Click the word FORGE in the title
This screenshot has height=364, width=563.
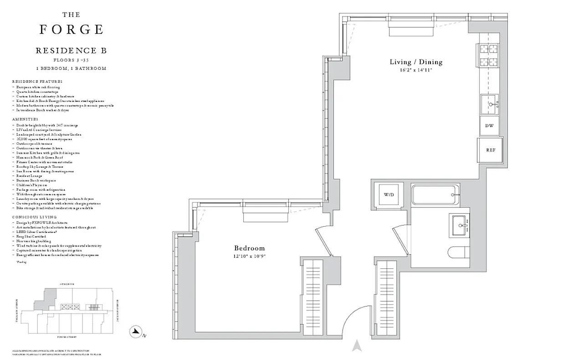[x=71, y=30]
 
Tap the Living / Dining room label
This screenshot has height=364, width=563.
[x=415, y=62]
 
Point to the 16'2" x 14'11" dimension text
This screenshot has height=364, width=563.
[x=415, y=70]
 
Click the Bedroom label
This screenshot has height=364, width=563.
[x=249, y=248]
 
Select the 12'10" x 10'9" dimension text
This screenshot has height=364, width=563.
[x=249, y=256]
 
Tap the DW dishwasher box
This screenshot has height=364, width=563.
[x=489, y=126]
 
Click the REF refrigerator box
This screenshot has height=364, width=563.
[x=490, y=150]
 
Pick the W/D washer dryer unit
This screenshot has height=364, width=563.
[x=389, y=195]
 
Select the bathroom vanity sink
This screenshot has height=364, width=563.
[x=462, y=225]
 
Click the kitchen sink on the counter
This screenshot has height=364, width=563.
[x=489, y=104]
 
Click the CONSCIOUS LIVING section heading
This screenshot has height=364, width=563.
[x=34, y=217]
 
